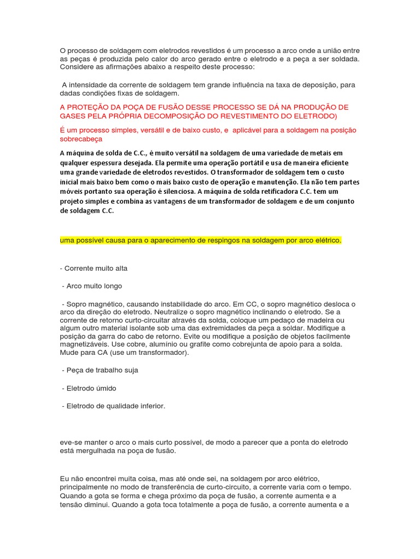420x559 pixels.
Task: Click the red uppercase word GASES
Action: coord(74,116)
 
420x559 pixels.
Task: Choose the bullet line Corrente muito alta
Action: coord(96,269)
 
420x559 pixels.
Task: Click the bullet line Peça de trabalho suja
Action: coord(101,370)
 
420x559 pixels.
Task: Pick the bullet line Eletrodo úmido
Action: coord(90,388)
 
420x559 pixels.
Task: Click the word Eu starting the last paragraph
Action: coord(65,478)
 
